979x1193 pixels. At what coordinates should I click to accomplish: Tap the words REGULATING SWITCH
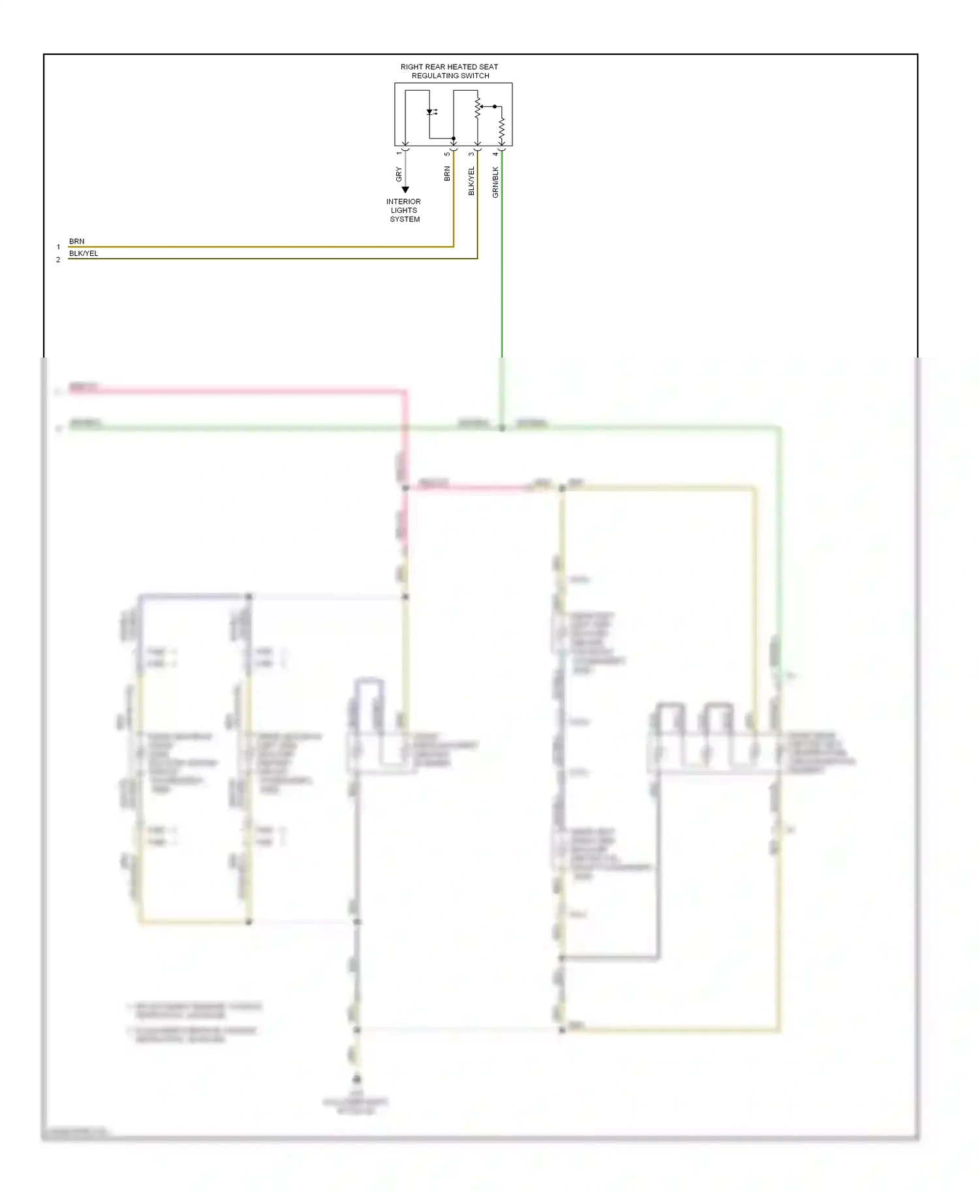pos(450,76)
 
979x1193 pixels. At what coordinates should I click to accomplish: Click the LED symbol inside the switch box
pos(430,112)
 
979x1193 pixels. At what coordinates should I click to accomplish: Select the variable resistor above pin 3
pos(478,108)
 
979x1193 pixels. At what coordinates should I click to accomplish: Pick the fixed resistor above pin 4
pos(501,130)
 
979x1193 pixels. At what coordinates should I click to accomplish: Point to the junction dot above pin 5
pos(454,138)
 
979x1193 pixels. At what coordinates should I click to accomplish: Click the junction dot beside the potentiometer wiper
pos(495,106)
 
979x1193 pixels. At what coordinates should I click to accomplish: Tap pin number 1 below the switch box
pos(399,153)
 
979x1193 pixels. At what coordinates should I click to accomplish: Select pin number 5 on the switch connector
pos(447,154)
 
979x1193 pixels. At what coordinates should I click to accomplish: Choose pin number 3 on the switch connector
pos(471,154)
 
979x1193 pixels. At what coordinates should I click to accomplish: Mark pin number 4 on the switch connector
pos(495,154)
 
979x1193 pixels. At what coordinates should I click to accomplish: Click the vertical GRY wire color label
pos(399,174)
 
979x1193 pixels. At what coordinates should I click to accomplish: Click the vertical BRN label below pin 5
pos(447,174)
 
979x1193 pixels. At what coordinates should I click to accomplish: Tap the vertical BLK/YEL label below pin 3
pos(471,181)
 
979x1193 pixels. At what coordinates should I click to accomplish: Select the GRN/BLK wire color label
pos(495,182)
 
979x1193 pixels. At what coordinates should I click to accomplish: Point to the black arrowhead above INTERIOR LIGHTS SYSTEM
pos(405,190)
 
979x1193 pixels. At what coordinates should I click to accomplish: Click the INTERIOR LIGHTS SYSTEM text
pos(404,210)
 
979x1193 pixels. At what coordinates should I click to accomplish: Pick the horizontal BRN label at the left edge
pos(77,241)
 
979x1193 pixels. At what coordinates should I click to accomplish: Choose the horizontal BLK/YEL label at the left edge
pos(84,253)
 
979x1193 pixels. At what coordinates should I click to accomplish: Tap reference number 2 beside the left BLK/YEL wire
pos(58,260)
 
